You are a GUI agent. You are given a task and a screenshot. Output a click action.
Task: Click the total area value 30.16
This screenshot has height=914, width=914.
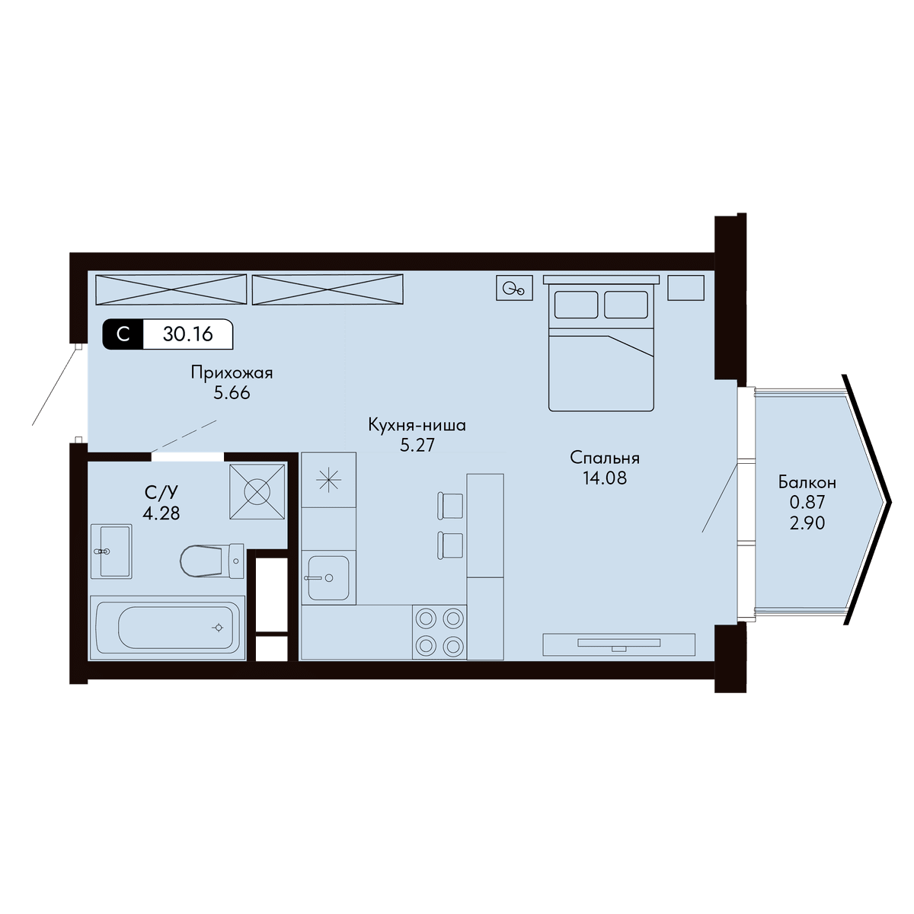(188, 334)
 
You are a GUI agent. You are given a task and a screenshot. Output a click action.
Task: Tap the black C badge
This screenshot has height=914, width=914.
(123, 334)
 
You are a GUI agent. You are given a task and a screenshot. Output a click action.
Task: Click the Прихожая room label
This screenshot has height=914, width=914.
(232, 372)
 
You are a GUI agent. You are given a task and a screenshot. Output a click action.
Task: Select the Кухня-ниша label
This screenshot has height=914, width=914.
(417, 425)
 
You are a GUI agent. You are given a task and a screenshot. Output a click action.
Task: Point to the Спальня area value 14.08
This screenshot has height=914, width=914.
(605, 478)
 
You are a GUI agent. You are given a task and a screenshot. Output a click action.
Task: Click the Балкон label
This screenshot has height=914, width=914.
(807, 482)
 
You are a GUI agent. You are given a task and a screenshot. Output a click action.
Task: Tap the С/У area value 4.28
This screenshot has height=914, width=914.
(161, 513)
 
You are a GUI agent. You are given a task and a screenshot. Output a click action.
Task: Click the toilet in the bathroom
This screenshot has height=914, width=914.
(212, 561)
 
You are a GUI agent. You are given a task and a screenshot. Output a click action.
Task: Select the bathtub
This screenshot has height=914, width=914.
(168, 628)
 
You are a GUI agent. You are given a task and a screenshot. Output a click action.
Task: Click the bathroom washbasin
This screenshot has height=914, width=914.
(111, 551)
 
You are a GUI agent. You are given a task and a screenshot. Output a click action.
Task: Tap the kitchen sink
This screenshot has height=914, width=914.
(328, 577)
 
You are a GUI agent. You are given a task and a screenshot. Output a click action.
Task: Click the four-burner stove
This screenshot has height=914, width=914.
(439, 632)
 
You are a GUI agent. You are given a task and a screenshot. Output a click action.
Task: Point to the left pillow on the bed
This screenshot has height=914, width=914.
(576, 305)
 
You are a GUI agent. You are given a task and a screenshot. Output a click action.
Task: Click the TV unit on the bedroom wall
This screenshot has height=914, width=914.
(618, 644)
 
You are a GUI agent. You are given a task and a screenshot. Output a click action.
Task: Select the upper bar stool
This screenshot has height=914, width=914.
(449, 506)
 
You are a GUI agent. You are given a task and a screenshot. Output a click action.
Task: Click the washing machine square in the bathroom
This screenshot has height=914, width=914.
(257, 492)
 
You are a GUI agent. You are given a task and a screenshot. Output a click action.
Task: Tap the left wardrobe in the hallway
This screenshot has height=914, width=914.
(171, 289)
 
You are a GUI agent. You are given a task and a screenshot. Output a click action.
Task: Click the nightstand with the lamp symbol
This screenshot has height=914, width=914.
(514, 288)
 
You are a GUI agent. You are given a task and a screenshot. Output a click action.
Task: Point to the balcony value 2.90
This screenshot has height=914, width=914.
(807, 523)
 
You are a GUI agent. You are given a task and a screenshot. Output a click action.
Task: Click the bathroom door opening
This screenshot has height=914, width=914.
(187, 457)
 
